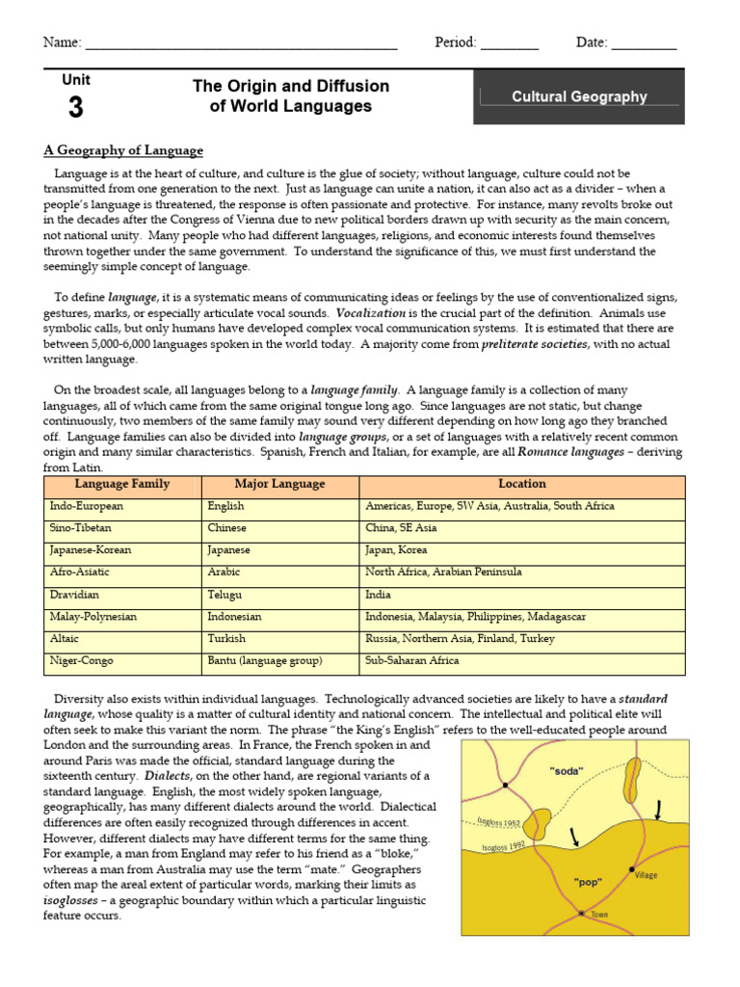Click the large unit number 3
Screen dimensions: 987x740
pos(75,109)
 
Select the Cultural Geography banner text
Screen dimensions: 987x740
pos(579,96)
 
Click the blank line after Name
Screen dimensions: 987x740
pos(241,43)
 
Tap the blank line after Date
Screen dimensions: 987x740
pos(644,43)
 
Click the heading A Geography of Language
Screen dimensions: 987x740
pos(123,150)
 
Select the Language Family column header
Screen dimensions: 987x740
pos(122,484)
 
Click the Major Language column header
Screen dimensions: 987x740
pos(279,484)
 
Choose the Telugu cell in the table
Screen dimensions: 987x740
pos(225,595)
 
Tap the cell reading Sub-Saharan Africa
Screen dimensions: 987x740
pos(411,661)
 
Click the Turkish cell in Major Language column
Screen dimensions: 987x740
pos(226,639)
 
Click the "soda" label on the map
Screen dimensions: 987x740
pos(567,770)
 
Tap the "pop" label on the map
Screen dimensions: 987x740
pos(588,881)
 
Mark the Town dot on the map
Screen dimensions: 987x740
pos(580,912)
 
